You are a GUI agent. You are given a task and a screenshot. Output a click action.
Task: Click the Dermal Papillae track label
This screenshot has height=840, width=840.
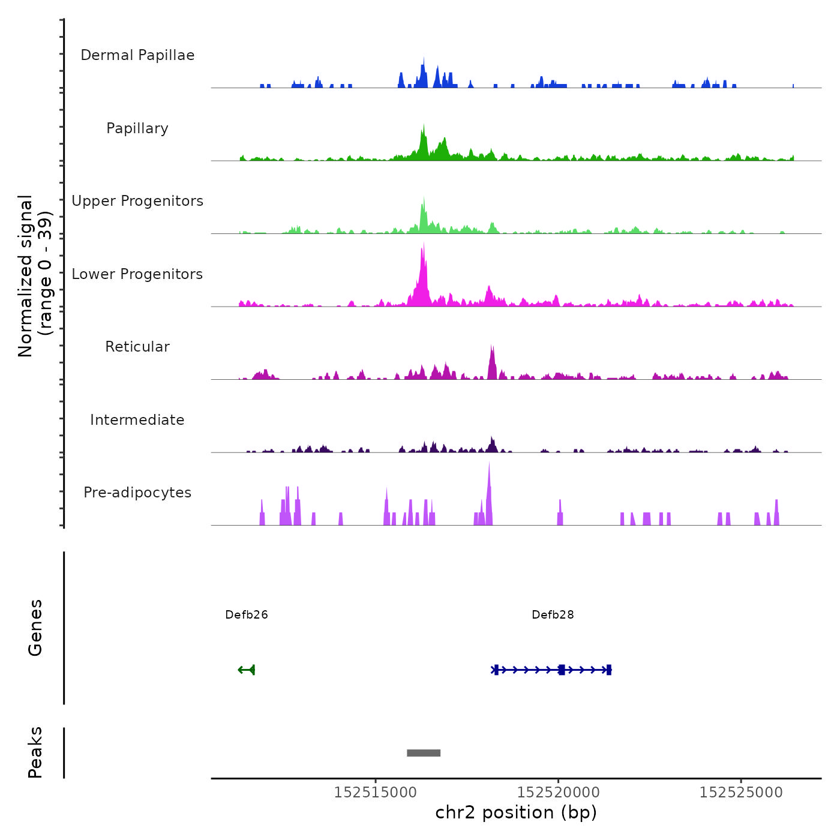(x=137, y=55)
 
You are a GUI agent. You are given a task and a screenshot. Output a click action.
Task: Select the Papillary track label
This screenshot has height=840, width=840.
(x=137, y=128)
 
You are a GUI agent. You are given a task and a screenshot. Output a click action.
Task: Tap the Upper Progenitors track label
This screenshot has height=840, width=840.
(x=137, y=201)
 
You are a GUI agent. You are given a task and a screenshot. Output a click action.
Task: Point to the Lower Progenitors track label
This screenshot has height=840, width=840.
(x=137, y=274)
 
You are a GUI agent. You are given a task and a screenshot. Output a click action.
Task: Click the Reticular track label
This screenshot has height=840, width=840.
(x=137, y=347)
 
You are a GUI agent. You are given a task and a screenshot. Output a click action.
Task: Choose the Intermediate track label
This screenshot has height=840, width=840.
(x=137, y=420)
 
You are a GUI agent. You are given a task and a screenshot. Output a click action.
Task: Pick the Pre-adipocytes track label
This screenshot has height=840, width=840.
(x=137, y=493)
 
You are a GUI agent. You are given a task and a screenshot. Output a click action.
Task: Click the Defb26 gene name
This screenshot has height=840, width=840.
(x=247, y=615)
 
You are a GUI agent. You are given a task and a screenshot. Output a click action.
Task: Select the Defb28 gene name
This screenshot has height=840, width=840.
(x=553, y=615)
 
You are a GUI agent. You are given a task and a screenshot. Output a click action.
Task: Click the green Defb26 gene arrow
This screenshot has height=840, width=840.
(x=247, y=670)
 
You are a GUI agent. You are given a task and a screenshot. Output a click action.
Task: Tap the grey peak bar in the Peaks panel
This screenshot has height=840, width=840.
(x=424, y=753)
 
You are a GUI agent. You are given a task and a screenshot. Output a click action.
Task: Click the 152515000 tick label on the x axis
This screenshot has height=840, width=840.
(x=376, y=793)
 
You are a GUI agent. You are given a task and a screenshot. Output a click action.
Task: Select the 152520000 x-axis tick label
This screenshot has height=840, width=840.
(x=559, y=793)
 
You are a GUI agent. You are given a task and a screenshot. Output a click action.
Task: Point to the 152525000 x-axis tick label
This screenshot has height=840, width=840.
(x=741, y=793)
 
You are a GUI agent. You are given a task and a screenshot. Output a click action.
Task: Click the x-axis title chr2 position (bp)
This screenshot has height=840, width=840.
(x=516, y=813)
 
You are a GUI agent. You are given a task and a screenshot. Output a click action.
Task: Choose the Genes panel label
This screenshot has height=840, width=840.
(x=35, y=628)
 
